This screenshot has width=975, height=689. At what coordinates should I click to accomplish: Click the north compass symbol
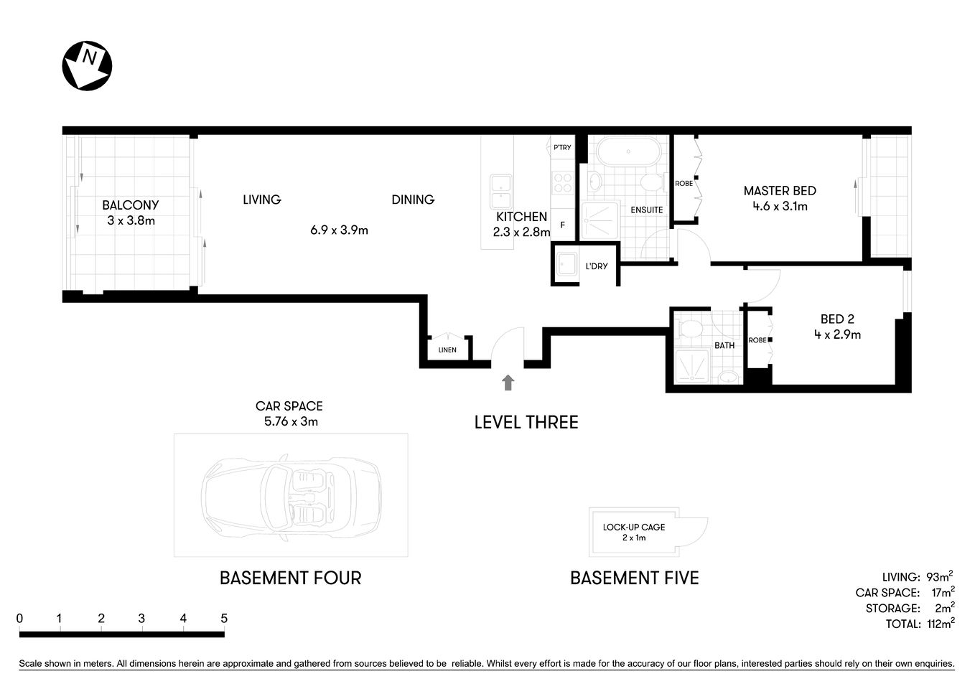click(87, 65)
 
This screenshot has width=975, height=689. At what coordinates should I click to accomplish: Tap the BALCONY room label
click(130, 205)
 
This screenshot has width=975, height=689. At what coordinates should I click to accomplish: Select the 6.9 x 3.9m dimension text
click(339, 230)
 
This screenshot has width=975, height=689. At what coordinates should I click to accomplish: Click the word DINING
click(413, 200)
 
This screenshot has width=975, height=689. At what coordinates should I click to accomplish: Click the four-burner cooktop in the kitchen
click(561, 183)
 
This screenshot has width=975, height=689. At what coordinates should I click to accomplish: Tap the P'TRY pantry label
click(562, 147)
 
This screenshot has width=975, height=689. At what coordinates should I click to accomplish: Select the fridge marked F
click(563, 225)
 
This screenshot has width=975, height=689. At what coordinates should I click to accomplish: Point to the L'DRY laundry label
click(597, 266)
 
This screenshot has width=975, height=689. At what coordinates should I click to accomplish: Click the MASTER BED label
click(780, 191)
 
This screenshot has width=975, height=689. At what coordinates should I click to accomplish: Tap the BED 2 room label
click(837, 319)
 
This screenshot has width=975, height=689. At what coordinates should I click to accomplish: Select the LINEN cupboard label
click(447, 350)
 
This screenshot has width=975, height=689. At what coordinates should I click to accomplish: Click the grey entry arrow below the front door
click(508, 383)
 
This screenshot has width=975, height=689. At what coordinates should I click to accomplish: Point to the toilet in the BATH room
click(690, 329)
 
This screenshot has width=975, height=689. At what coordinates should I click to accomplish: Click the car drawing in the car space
click(291, 495)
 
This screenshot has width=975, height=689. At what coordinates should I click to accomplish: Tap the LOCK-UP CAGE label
click(633, 527)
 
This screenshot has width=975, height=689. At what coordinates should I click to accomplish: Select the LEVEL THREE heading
click(526, 422)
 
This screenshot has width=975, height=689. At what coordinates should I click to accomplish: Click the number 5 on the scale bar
click(224, 619)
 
